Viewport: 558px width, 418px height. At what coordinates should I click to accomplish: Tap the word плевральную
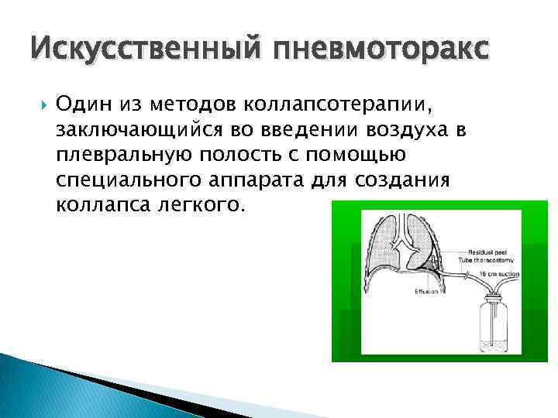point(117,156)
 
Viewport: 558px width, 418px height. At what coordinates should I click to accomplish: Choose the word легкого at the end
point(210,207)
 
